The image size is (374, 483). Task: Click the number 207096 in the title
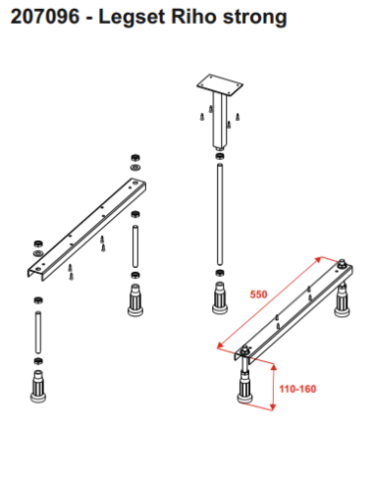45,16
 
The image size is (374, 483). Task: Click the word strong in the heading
255,18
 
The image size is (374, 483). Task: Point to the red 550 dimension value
258,295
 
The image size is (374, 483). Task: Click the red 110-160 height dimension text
297,389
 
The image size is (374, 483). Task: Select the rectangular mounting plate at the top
220,84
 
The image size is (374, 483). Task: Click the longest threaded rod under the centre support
220,214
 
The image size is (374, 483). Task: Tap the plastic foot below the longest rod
220,297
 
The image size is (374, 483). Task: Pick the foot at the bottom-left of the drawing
38,386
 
